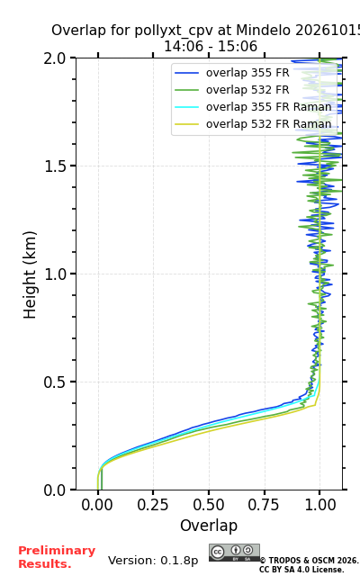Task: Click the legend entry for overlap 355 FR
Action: (247, 73)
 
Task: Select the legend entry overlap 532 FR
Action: (247, 90)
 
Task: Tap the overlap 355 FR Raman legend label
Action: (268, 107)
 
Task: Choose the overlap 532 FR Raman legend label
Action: (268, 124)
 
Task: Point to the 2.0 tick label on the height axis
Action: (55, 58)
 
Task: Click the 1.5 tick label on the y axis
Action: (55, 166)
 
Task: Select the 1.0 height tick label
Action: (55, 274)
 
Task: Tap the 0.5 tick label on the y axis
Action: (55, 382)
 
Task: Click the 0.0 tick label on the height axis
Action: (55, 490)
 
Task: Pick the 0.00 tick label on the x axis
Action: (97, 505)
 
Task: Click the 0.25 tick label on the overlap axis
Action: (153, 505)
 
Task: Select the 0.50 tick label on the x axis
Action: (209, 505)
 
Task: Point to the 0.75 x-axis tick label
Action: (264, 505)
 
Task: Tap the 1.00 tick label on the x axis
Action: (320, 505)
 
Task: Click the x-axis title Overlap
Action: (209, 526)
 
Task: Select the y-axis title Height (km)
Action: (30, 274)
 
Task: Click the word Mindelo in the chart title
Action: (264, 30)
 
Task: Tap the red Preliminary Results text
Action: (57, 557)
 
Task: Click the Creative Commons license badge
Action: (234, 553)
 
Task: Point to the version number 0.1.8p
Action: (179, 561)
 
